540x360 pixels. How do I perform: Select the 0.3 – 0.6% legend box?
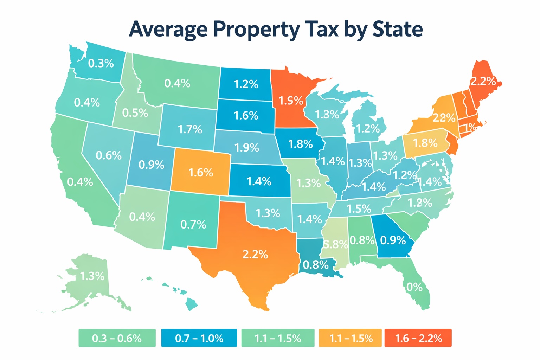point(117,338)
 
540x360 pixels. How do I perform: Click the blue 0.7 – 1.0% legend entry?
point(199,338)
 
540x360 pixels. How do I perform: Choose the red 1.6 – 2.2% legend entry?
point(418,338)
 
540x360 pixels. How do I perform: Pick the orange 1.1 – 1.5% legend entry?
point(350,338)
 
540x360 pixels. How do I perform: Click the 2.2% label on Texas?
point(255,254)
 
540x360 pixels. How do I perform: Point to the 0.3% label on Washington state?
point(101,64)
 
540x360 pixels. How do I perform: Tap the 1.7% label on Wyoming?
point(190,129)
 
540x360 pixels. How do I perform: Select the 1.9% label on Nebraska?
point(247,148)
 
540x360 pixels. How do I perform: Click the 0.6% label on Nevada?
point(109,155)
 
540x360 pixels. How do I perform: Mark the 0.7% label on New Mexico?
point(193,224)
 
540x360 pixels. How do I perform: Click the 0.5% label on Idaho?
point(135,113)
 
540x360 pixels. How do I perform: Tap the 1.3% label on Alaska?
point(92,276)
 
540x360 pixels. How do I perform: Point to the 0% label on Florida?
point(414,287)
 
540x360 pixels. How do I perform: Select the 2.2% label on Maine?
point(483,82)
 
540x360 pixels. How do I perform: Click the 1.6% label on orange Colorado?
point(201,173)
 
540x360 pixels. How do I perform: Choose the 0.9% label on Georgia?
point(393,240)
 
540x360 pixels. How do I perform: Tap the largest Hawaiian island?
point(191,303)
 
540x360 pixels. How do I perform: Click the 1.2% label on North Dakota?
point(246,84)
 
